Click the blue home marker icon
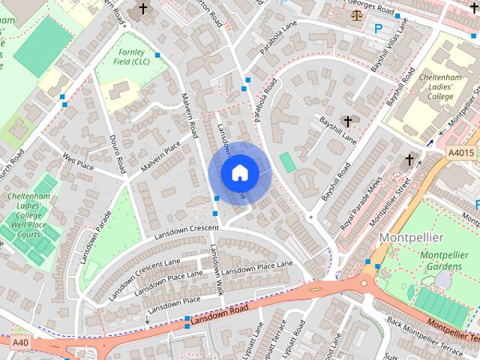238,172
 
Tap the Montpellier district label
412,237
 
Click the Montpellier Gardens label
444,260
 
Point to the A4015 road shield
461,153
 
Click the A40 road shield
20,341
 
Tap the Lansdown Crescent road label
186,232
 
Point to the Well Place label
77,160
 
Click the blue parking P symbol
378,28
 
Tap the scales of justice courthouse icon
355,13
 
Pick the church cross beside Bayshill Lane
347,121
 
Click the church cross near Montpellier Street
409,160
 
